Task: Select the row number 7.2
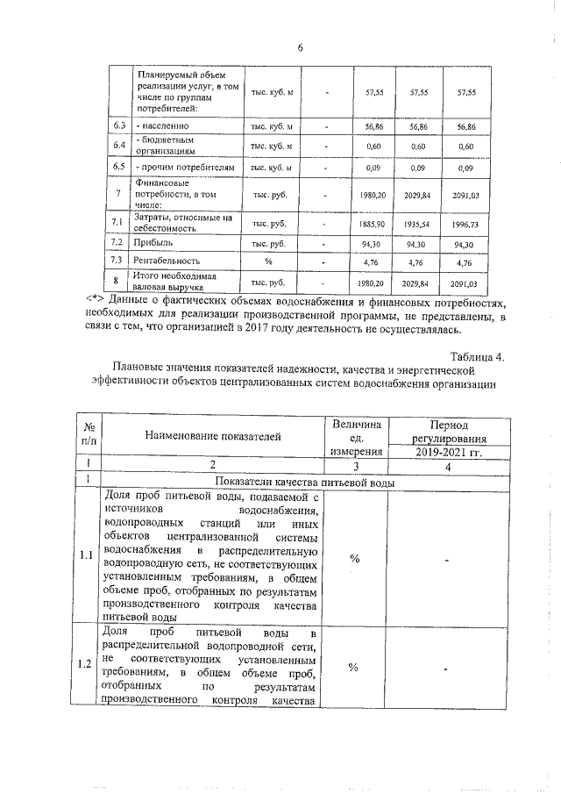pos(118,242)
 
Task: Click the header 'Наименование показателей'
pos(213,435)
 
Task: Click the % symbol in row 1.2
pos(354,667)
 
